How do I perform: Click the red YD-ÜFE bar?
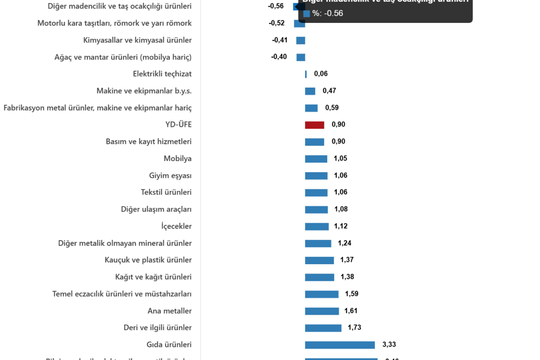314,125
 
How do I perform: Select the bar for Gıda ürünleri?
340,345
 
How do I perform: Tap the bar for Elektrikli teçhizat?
306,74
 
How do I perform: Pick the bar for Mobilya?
316,159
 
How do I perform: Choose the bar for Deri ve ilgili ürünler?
323,328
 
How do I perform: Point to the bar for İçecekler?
317,226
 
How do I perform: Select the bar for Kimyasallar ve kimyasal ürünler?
301,40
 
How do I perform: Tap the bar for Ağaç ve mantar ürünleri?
301,57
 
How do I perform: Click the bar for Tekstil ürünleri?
316,193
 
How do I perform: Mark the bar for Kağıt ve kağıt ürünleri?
319,277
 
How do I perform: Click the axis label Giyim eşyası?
170,175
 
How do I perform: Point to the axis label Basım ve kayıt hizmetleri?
148,142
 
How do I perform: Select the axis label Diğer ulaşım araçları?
156,209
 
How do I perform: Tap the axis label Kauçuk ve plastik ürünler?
148,260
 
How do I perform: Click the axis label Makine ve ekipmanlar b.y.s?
144,91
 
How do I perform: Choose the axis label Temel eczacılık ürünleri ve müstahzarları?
122,294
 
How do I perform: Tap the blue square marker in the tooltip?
306,13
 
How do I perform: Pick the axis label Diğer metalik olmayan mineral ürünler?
125,243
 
